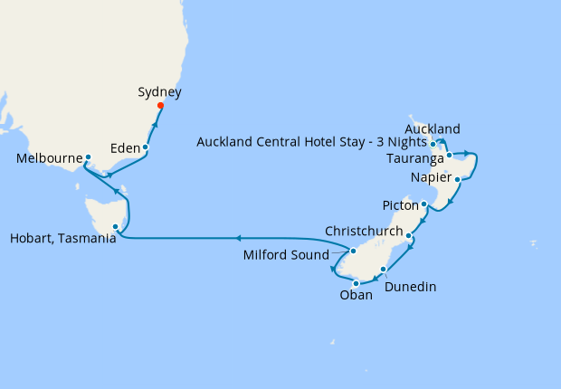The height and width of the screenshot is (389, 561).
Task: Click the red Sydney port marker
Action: pos(160,106)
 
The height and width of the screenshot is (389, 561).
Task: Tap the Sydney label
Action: pos(160,91)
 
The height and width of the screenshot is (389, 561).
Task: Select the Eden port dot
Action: pos(145,147)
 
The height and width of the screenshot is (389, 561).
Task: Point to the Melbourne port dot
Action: pos(88,157)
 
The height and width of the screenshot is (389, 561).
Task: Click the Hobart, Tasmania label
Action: pos(63,239)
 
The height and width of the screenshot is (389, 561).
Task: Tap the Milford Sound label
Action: pos(286,255)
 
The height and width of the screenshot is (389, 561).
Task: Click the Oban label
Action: pos(356,294)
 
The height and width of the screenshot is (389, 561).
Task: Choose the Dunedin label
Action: pos(411,287)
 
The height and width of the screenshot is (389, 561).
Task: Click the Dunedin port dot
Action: pos(384,270)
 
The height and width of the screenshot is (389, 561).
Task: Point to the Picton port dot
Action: pos(423,204)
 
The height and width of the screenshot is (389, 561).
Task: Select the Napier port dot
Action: pos(458,179)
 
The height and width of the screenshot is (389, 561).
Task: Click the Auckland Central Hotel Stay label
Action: pos(310,142)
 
